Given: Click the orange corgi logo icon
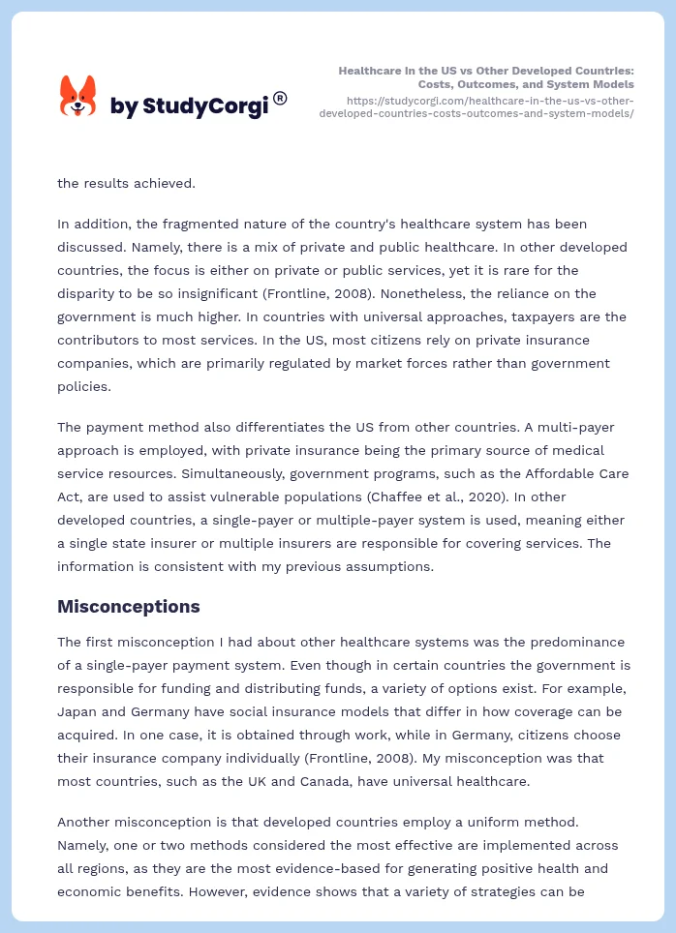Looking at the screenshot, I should [78, 96].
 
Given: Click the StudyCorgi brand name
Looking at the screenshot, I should [189, 106].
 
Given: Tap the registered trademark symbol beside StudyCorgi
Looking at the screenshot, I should [280, 98].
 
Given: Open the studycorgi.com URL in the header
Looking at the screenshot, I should [476, 106].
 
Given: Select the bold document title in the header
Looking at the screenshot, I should [486, 77].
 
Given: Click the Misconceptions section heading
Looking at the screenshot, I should [128, 607].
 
